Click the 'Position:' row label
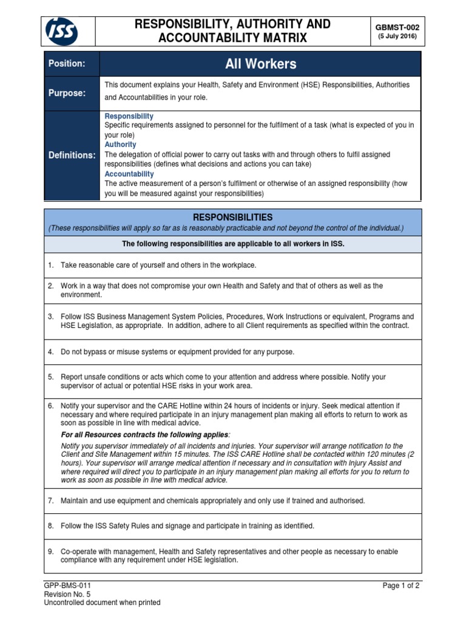pos(67,64)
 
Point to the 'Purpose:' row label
pos(67,93)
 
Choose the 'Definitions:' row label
pos(72,155)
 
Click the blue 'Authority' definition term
pos(120,145)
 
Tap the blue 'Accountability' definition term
pos(129,174)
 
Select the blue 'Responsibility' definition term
pos(129,116)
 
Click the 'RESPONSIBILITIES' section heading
pos(232,217)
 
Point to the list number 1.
pos(51,265)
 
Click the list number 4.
pos(51,352)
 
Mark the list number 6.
pos(51,405)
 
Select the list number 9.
pos(51,552)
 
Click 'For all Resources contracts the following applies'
pos(146,435)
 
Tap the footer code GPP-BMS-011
pos(67,586)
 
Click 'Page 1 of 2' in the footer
pos(401,586)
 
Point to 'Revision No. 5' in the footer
pos(67,594)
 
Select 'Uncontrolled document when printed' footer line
pos(103,603)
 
